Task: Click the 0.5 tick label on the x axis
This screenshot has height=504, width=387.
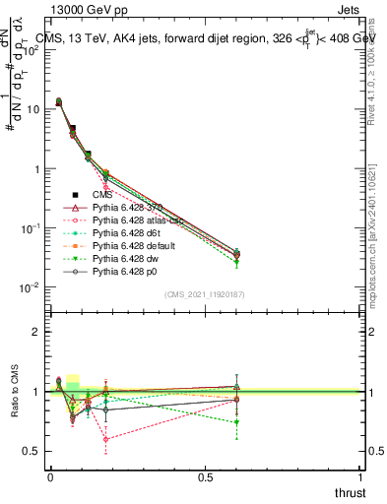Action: point(206,476)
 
